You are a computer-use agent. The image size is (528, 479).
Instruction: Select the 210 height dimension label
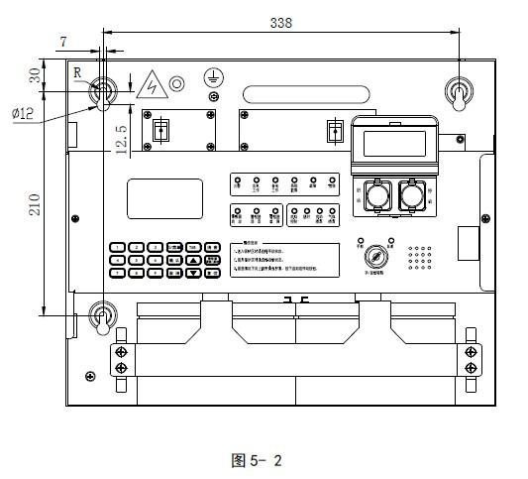pyautogui.click(x=35, y=204)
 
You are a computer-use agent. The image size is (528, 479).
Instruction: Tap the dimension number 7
pyautogui.click(x=64, y=41)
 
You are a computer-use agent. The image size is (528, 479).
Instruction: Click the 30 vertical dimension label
pyautogui.click(x=35, y=75)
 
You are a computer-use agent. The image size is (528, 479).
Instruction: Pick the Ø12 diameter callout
pyautogui.click(x=24, y=114)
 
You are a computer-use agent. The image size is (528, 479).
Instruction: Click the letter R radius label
pyautogui.click(x=78, y=72)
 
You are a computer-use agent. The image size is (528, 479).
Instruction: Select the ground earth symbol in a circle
pyautogui.click(x=211, y=76)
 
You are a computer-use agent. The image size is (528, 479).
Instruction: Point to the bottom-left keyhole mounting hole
pyautogui.click(x=100, y=316)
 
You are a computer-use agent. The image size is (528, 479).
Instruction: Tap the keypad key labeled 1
pyautogui.click(x=117, y=246)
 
